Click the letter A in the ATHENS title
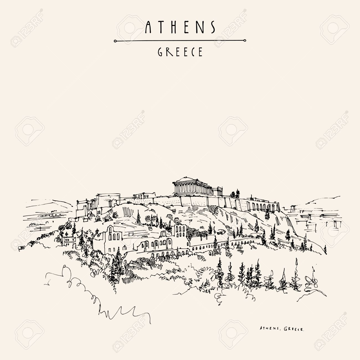(x=148, y=27)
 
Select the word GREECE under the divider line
(x=180, y=52)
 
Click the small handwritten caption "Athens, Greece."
(x=282, y=329)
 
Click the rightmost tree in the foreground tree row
(x=312, y=277)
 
